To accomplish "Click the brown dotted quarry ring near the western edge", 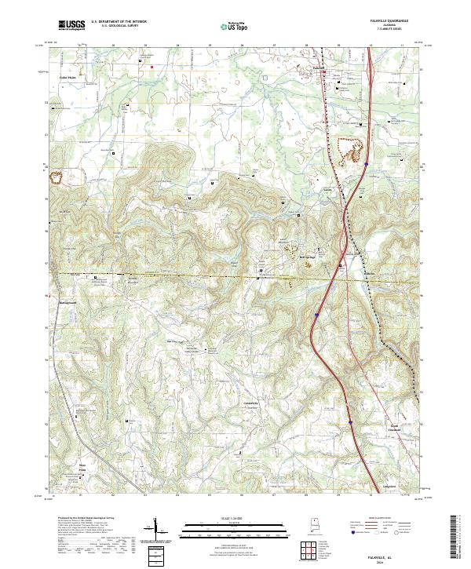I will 57,174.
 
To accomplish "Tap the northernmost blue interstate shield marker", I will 365,164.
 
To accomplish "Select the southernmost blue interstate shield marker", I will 350,421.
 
